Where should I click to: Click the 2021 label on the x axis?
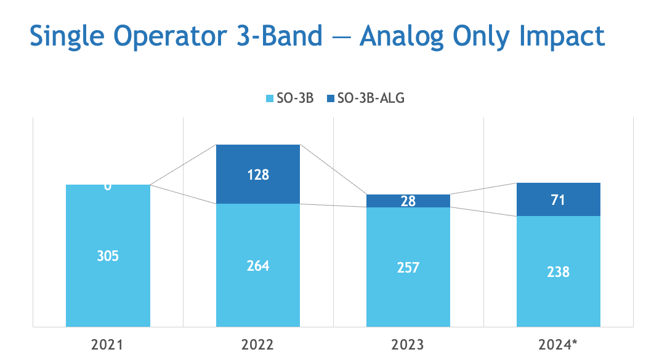108,344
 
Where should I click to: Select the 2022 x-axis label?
258,344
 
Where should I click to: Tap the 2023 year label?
408,344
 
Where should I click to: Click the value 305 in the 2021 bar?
108,255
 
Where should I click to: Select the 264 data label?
258,266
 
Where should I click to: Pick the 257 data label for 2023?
408,267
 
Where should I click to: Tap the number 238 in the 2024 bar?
558,271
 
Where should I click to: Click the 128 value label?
258,174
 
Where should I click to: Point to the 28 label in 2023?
408,201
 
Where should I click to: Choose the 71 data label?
558,199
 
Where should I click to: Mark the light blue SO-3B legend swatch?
269,98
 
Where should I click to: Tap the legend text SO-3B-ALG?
366,98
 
